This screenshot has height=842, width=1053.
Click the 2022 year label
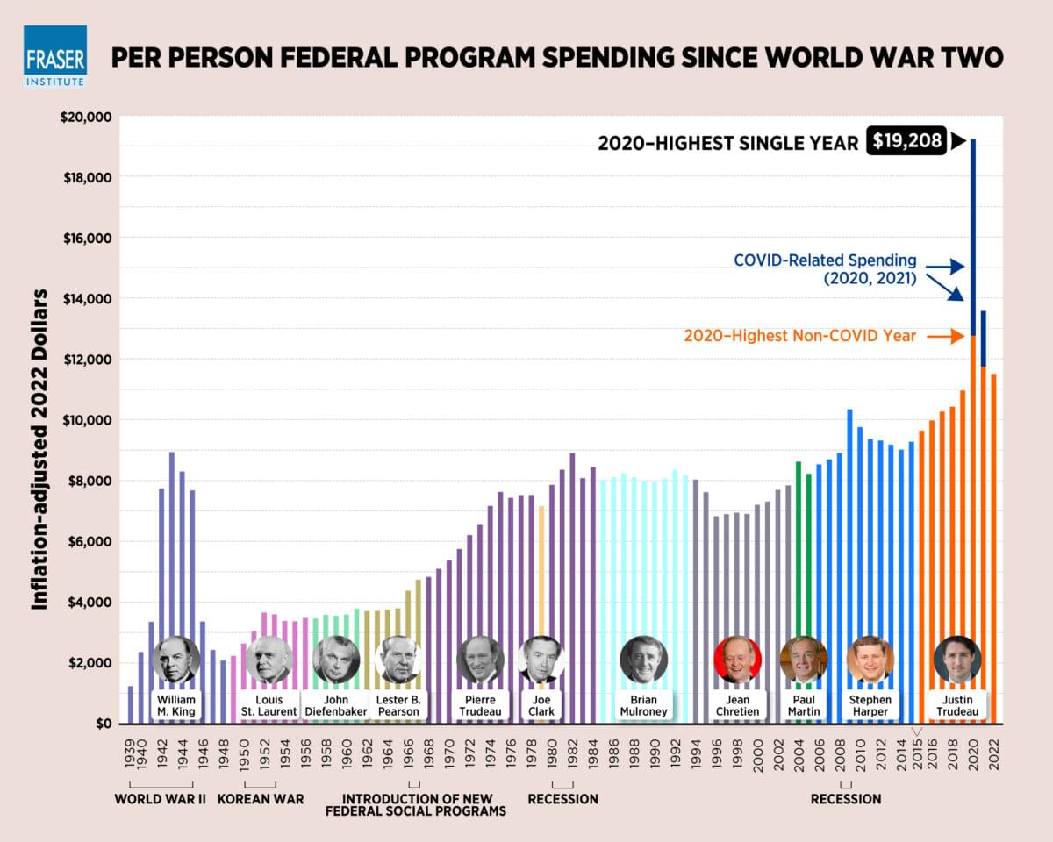point(993,753)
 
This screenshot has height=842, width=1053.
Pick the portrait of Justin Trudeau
point(957,660)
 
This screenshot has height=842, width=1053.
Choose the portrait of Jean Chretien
point(737,660)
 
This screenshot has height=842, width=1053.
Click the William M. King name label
point(176,706)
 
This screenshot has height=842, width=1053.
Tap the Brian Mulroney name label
point(643,706)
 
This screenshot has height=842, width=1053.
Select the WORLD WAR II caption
point(160,799)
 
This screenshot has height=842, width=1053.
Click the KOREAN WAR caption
point(261,799)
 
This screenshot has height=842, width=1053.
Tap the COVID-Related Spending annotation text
point(825,269)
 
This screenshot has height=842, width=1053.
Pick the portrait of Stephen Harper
point(870,660)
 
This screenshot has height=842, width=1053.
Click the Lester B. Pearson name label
point(398,706)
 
